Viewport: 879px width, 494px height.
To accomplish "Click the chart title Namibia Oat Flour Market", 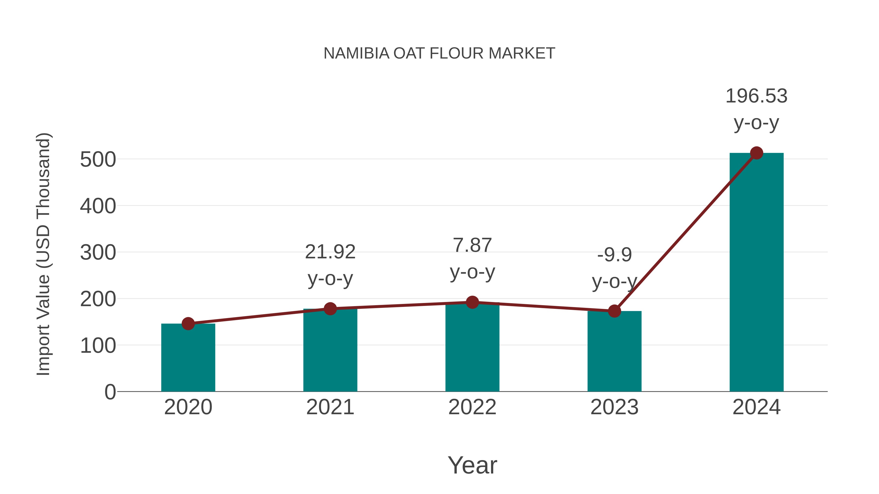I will click(439, 53).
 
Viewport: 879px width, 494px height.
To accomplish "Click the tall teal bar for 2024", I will click(756, 273).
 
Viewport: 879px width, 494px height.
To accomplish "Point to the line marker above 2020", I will click(188, 323).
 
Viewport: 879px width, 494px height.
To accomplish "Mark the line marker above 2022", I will click(472, 302).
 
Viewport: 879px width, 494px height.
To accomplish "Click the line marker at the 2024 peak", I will click(756, 153).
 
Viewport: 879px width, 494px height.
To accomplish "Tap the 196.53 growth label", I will click(756, 96).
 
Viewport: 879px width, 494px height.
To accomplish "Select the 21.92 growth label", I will click(330, 252).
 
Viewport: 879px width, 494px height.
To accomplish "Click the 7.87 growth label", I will click(472, 245).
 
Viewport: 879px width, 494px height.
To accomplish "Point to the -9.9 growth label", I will click(614, 255).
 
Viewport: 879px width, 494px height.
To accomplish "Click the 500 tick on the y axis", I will click(98, 160).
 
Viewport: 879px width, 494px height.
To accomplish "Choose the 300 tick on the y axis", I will click(98, 253).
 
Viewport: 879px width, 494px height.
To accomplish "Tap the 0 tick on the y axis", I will click(110, 392).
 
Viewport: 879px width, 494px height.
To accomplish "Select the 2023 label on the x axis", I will click(614, 407).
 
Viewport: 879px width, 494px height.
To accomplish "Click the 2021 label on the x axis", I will click(330, 407).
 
